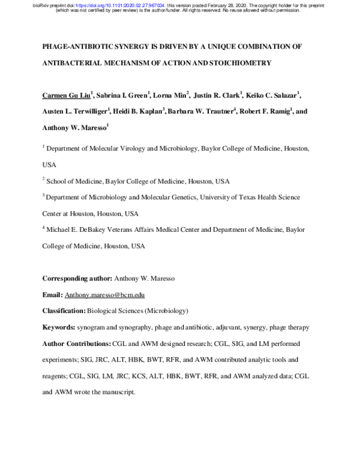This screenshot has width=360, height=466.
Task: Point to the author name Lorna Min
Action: tap(171, 95)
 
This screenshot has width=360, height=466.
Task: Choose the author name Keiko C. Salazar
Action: tap(273, 95)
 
